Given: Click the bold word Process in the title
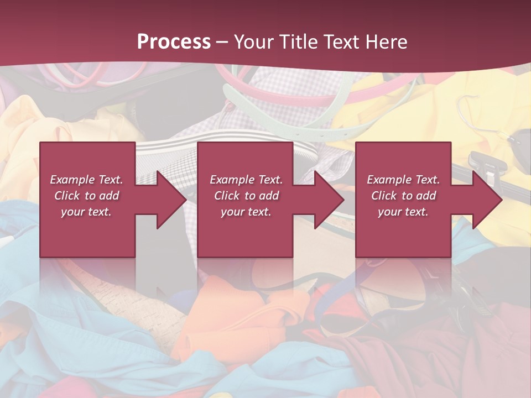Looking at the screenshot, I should coord(174,41).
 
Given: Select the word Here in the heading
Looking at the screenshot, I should coord(386,41).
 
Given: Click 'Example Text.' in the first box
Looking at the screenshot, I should coord(86,180).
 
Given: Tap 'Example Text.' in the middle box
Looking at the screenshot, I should coord(246,180).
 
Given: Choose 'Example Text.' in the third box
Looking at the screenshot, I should coord(403,180).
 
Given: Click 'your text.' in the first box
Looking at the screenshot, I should coord(86,212).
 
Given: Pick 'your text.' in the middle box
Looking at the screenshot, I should coord(246,212).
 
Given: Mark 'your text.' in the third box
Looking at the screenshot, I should coord(403,212).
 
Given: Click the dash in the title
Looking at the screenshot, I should coord(222,42).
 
